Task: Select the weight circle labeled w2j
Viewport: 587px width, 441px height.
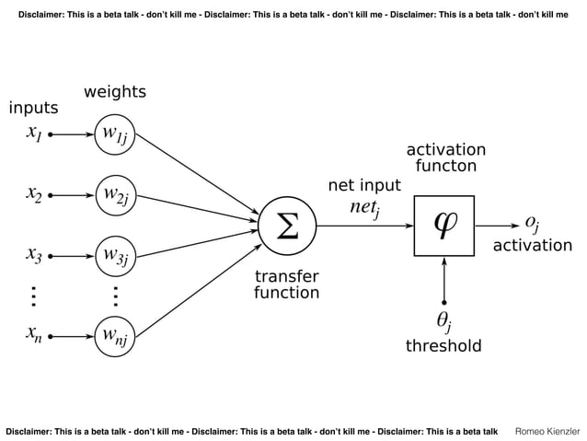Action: pos(115,195)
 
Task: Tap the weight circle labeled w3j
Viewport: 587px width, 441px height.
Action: pos(115,252)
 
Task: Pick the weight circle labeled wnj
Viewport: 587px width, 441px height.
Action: pos(115,337)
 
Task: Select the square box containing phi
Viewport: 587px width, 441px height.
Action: pos(444,225)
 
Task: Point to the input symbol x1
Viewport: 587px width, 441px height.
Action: pos(33,134)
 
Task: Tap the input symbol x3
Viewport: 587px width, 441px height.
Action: pos(33,253)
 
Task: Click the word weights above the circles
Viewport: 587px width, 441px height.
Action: pos(115,92)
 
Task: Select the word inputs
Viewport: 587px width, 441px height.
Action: pos(33,109)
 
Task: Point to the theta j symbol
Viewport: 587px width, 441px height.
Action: pos(443,321)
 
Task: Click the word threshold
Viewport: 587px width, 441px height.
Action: pos(443,346)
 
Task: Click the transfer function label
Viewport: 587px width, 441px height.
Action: pos(286,284)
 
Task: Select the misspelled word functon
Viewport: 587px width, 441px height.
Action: pos(445,167)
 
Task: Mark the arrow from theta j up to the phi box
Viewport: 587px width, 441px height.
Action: pos(444,278)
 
